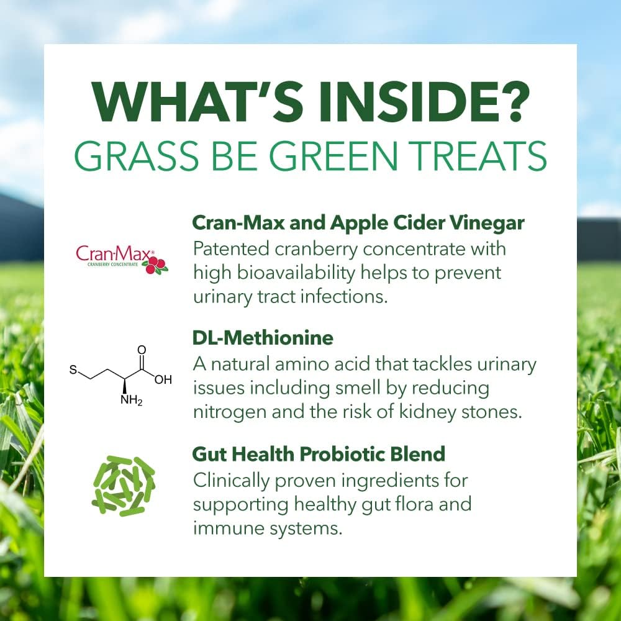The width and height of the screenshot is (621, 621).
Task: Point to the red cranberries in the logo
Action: click(155, 265)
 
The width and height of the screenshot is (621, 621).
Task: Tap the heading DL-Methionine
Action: click(263, 338)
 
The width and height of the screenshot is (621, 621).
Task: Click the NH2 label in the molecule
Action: click(131, 401)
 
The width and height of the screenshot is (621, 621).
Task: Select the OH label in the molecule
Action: click(163, 379)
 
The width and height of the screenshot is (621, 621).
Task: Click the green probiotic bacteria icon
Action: click(123, 486)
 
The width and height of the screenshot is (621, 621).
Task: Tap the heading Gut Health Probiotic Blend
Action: click(319, 454)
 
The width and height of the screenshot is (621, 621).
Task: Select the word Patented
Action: click(228, 248)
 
